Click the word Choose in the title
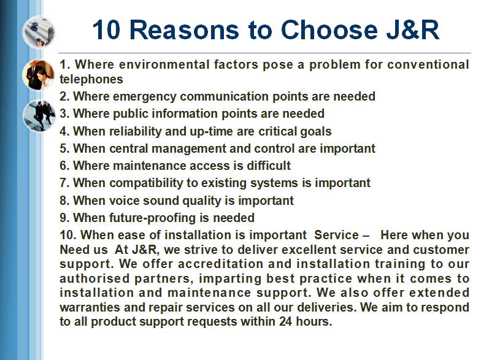point(329,30)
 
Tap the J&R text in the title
point(412,30)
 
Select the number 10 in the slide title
point(106,30)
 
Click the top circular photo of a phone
point(39,32)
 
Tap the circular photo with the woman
point(39,75)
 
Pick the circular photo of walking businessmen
point(39,115)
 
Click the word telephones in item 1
point(91,80)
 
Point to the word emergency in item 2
point(145,97)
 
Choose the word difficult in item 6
point(269,166)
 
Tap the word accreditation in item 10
point(220,264)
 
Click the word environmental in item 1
point(164,65)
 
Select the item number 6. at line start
point(65,166)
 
